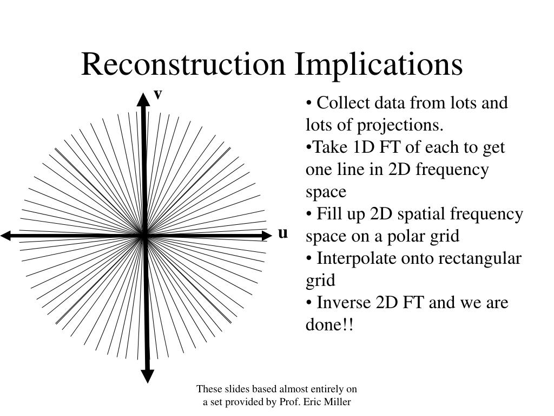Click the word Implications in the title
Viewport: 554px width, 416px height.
379,64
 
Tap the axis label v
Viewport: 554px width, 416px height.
158,94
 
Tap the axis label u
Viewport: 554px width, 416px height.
282,233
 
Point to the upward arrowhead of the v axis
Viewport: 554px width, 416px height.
143,99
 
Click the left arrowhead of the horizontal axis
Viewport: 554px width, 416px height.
6,236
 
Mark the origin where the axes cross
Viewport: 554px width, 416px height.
144,236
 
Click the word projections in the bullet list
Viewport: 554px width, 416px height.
398,125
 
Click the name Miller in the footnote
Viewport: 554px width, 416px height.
338,402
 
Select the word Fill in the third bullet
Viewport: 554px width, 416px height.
326,214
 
